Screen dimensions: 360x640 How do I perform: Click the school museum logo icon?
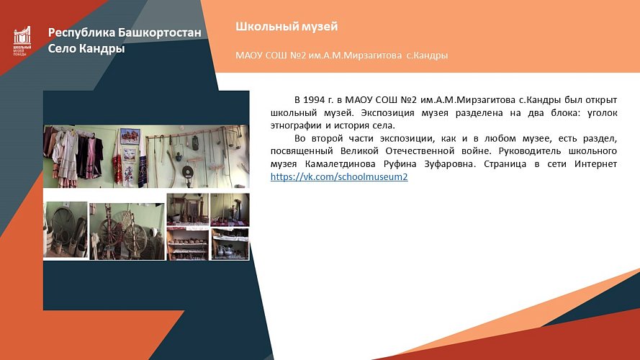tap(22, 40)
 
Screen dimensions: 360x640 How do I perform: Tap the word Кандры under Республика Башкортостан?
tap(101, 49)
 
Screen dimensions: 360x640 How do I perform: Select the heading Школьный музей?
tap(286, 27)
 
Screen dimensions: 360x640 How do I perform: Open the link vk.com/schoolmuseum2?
tap(339, 176)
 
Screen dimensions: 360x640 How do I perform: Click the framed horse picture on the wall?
tap(130, 136)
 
